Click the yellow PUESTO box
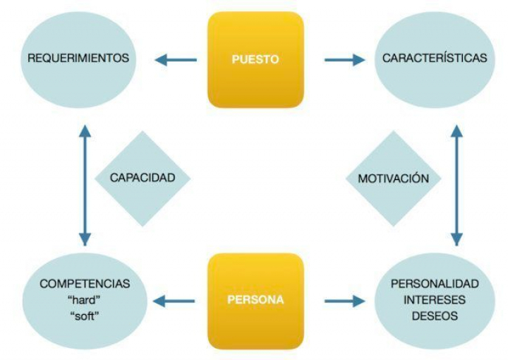pos(255,59)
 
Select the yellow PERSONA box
pos(255,300)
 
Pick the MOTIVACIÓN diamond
pos(393,179)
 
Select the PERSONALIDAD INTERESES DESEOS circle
pos(434,299)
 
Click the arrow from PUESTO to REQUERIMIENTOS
pos(176,60)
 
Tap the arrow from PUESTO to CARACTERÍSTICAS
pos(344,60)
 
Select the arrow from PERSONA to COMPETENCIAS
pos(176,301)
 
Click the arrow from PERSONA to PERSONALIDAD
pos(344,301)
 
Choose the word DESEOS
pos(434,316)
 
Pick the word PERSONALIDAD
pos(434,284)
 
